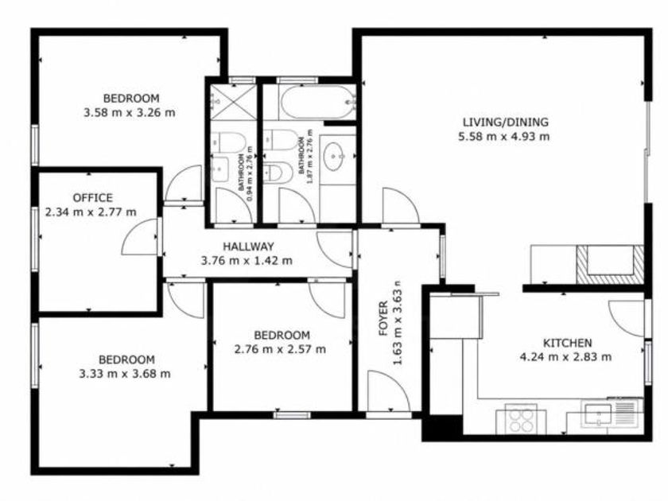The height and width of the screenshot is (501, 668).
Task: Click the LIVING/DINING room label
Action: pos(505,122)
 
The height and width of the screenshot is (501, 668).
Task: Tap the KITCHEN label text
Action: pos(567,343)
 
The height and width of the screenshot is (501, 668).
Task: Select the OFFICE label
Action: pos(93,198)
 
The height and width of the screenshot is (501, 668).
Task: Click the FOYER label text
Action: pos(384,319)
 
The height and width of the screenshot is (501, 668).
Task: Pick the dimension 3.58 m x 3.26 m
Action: pos(130,113)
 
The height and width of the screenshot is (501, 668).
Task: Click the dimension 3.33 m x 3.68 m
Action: pos(125,374)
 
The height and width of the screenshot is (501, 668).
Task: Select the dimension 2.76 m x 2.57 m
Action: pos(280,349)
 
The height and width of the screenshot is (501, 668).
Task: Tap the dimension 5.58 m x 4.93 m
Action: pos(504,137)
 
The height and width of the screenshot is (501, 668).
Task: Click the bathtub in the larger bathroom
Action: pos(318,103)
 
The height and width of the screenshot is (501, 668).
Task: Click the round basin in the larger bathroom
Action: pos(335,157)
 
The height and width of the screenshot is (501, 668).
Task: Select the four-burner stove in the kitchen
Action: pos(522,419)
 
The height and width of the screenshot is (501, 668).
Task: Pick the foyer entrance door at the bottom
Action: pos(388,392)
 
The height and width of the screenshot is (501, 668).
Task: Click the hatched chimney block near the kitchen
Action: pos(610,265)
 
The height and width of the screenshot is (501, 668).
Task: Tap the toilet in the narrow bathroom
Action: pos(228,142)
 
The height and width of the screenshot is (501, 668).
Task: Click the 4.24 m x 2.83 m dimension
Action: pos(565,357)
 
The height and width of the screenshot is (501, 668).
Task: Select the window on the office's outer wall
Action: pos(35,239)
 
